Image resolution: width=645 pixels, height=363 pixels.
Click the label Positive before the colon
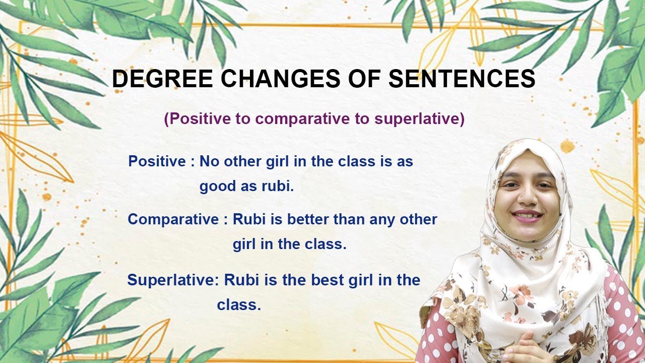(157, 161)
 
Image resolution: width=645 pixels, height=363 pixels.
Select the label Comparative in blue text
(172, 219)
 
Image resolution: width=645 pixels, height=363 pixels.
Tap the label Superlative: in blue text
(173, 280)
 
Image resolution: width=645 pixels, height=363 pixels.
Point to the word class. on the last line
(239, 305)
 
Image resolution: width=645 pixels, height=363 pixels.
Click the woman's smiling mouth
(527, 216)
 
